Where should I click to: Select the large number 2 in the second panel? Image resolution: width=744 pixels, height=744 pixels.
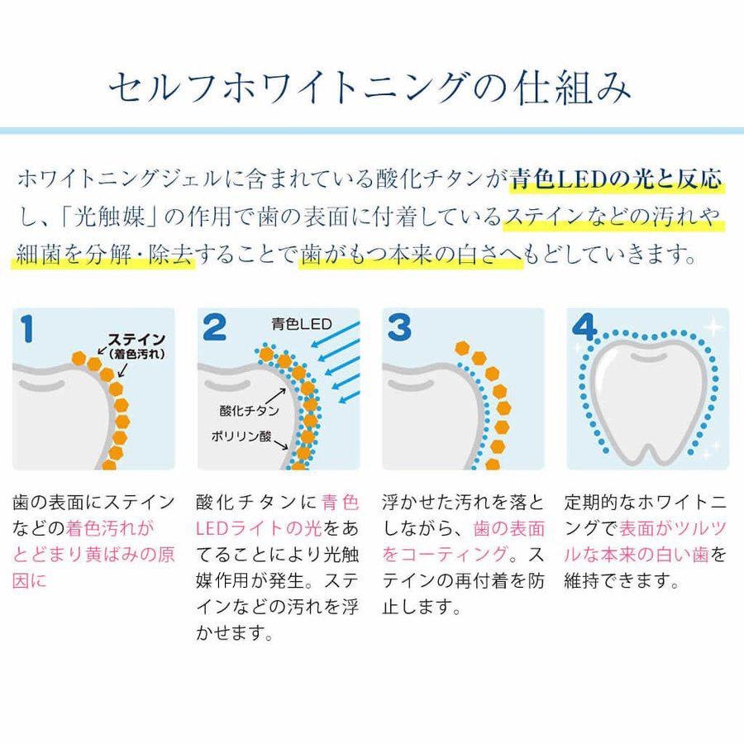tap(214, 329)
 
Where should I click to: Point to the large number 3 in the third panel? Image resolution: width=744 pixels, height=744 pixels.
tap(400, 329)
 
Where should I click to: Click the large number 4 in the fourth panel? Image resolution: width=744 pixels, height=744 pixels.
tap(584, 329)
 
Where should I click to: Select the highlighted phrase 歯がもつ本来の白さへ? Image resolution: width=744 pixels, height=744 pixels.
tap(411, 255)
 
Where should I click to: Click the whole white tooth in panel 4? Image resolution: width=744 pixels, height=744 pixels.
tap(647, 393)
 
